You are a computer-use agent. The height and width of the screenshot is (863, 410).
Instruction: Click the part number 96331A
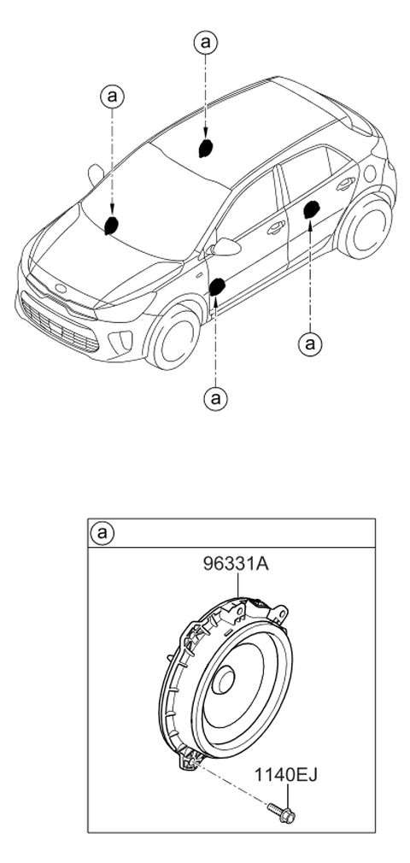236,563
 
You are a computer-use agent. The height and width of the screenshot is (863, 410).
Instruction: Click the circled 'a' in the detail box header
102,533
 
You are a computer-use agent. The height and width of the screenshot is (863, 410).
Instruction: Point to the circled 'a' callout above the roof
205,42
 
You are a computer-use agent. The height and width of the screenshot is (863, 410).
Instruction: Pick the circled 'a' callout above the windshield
112,97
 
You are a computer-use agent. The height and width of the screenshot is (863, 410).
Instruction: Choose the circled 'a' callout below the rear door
309,344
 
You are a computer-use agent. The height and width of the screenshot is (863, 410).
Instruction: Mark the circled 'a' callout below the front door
215,397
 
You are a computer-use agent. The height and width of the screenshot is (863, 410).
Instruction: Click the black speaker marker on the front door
217,287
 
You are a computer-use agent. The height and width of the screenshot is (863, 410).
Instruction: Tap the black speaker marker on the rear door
312,209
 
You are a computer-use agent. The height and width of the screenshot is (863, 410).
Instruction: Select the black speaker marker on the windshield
112,225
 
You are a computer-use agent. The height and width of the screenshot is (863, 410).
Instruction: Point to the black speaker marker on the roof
206,148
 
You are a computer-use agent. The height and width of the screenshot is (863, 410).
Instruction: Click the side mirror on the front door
225,247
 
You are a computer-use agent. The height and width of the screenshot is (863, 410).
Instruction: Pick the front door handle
276,226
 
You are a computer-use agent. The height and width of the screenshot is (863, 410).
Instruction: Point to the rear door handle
346,184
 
